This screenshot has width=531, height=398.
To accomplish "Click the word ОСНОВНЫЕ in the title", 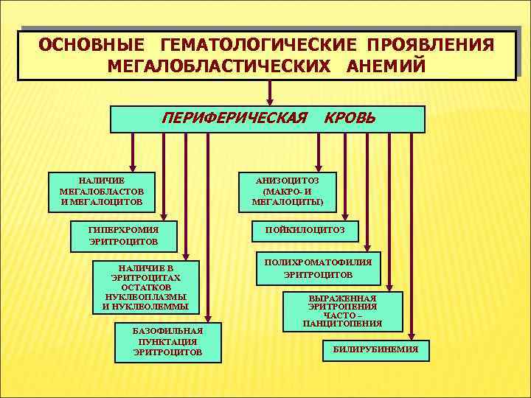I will point(86,45).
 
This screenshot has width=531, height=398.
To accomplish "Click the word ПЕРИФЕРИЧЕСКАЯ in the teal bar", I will point(234,118).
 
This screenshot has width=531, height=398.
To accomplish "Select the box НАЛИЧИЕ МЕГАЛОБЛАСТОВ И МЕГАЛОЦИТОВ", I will point(101,190).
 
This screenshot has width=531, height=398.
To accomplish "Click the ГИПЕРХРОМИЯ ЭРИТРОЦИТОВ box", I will point(123,234).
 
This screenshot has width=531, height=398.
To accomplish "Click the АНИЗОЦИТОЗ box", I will point(287,190).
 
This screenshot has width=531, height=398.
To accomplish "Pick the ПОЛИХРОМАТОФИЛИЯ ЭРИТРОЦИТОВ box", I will point(319,268).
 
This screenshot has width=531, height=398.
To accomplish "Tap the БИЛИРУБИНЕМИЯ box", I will point(375,350).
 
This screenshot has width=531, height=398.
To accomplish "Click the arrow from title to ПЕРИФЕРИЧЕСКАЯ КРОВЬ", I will point(271,92).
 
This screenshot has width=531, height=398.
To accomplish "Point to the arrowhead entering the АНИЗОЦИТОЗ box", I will point(318,167).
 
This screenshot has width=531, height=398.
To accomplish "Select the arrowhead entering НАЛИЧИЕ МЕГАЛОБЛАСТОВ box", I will point(133,167).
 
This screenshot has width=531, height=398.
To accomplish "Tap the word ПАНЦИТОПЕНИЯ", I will point(342,324).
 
